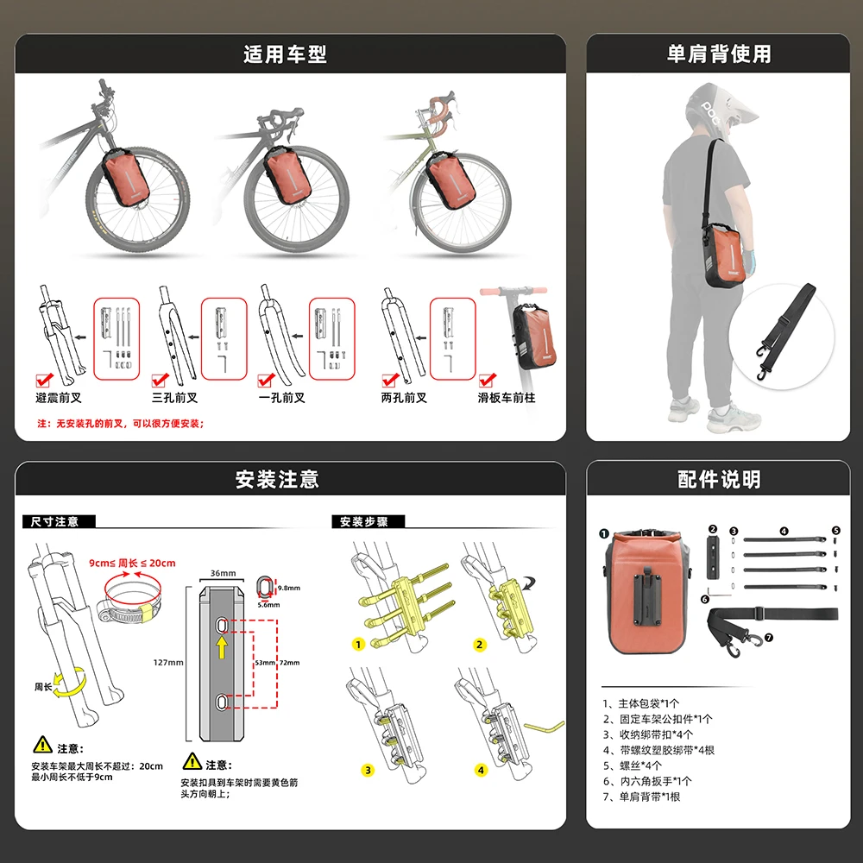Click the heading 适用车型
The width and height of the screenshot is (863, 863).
coord(285,54)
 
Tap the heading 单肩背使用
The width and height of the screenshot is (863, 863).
coord(719,54)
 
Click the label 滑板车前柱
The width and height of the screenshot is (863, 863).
coord(507,398)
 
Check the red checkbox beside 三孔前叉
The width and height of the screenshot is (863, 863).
coord(160,380)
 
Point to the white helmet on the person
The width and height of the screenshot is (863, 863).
coord(709,108)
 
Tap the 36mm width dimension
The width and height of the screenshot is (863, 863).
coord(222,573)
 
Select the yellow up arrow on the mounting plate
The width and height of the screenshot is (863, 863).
coord(222,648)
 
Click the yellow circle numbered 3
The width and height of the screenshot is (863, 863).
coord(368,770)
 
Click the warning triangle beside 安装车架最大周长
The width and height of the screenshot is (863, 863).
coord(42,745)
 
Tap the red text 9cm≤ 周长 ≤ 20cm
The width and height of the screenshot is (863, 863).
coord(131,563)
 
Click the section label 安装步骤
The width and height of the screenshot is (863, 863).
coord(363,522)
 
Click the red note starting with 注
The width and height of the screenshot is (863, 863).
coord(120,424)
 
